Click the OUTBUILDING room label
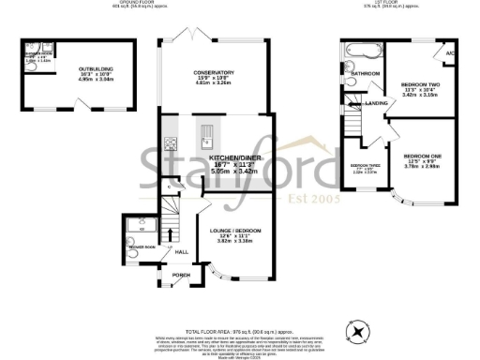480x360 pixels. (x=61, y=67)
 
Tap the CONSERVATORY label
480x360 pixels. (x=213, y=72)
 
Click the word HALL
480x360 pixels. (x=182, y=251)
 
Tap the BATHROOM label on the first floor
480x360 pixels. (x=366, y=72)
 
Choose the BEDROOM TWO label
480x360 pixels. (x=420, y=83)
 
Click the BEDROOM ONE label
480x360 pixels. (x=422, y=156)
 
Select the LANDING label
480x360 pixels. (x=377, y=102)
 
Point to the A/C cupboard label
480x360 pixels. (x=450, y=52)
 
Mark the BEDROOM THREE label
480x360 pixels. (x=364, y=165)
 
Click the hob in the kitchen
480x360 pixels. (x=172, y=144)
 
